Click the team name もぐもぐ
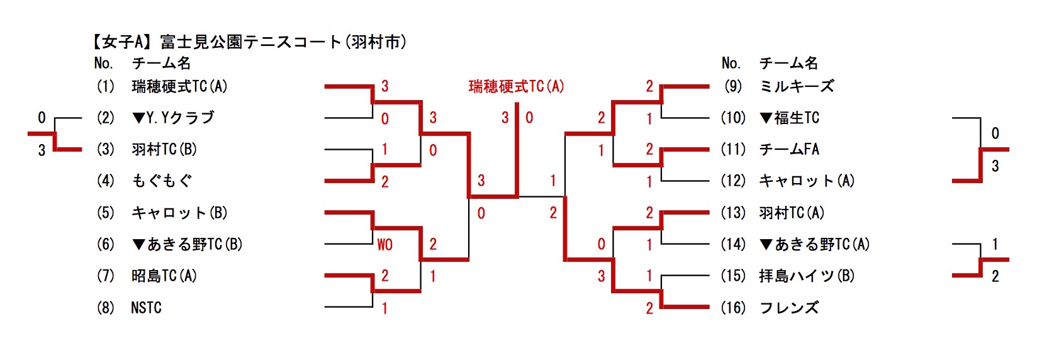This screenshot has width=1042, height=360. click(x=162, y=181)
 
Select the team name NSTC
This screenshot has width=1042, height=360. click(x=146, y=308)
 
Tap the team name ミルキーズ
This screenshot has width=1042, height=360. click(x=797, y=86)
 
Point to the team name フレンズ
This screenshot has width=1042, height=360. click(x=789, y=308)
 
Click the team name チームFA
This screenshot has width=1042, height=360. click(x=789, y=150)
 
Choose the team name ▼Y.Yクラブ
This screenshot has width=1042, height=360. click(x=173, y=118)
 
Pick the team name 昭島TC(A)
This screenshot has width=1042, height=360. click(x=164, y=276)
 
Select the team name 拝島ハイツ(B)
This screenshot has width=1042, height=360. click(x=807, y=276)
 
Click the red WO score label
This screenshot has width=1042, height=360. click(x=384, y=245)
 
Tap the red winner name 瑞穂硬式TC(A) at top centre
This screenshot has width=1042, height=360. click(x=516, y=86)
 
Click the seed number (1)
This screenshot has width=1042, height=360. click(x=105, y=86)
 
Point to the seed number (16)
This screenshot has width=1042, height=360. click(x=733, y=308)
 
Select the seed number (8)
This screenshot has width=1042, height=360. click(x=105, y=308)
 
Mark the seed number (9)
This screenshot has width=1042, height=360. click(x=733, y=86)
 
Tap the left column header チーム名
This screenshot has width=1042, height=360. click(x=161, y=63)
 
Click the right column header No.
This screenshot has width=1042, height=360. click(x=731, y=63)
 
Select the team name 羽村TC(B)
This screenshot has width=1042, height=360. click(x=164, y=150)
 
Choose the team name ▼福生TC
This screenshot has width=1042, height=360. click(x=789, y=118)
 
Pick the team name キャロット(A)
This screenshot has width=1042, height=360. click(x=807, y=181)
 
